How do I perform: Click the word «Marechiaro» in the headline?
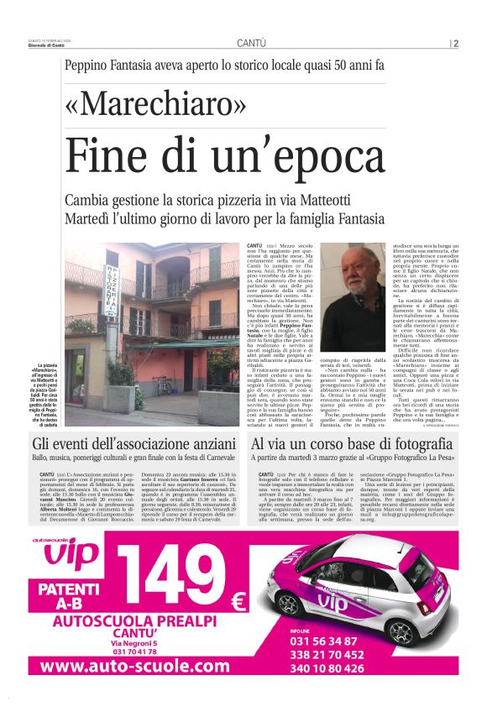pyautogui.click(x=155, y=105)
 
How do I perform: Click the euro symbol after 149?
pyautogui.click(x=237, y=602)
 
